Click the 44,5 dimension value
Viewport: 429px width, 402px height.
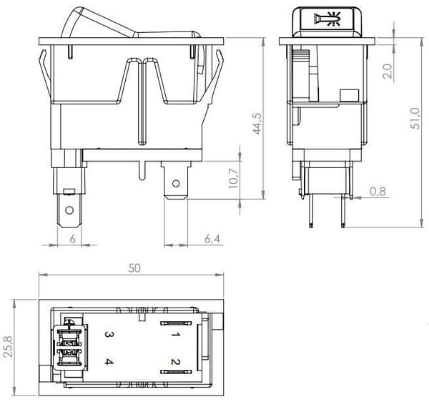[x=257, y=124]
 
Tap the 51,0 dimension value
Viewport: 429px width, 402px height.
[x=415, y=118]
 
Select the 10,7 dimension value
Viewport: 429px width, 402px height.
[x=234, y=178]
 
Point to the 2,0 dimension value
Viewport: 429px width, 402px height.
[x=388, y=71]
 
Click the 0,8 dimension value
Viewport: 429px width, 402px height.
[x=378, y=191]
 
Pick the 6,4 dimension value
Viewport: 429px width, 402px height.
[x=212, y=239]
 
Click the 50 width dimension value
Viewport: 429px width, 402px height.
[x=134, y=268]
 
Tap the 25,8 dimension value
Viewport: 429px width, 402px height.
[x=8, y=346]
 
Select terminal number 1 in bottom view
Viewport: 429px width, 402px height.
[x=175, y=335]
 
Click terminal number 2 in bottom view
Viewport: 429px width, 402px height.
[x=175, y=362]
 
